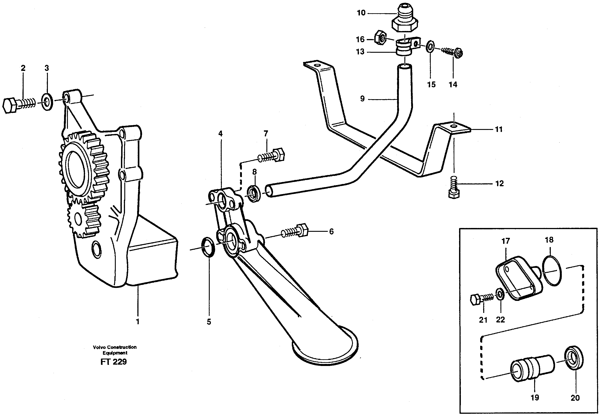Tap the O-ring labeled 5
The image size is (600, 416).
point(208,247)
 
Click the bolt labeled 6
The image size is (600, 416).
point(294,231)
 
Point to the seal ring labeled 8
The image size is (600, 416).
point(254,194)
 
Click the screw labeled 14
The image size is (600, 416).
point(453,52)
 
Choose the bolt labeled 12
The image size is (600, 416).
point(454,187)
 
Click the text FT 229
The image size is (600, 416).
point(114,362)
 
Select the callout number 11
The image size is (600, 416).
point(499,129)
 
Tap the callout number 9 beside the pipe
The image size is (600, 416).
point(362,99)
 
